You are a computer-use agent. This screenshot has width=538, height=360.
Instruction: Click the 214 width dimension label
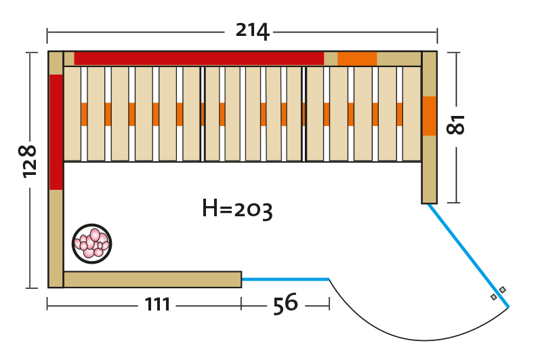tap(252, 31)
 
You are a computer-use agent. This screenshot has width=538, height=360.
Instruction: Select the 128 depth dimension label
tap(28, 161)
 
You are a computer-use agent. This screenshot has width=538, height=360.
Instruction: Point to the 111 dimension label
tap(157, 305)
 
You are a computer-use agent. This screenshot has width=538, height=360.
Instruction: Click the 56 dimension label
tap(285, 304)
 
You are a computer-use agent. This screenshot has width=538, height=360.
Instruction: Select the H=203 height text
tap(237, 209)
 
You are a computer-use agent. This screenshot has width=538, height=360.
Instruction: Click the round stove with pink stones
tap(91, 243)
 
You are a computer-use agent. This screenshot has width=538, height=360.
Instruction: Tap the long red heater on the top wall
tap(199, 58)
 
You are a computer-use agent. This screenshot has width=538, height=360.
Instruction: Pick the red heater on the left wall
tap(56, 132)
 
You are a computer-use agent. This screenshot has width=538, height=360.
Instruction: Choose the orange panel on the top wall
tap(356, 58)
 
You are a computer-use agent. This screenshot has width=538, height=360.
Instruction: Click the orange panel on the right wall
tap(430, 116)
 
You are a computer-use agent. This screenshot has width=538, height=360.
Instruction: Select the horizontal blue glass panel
tap(285, 279)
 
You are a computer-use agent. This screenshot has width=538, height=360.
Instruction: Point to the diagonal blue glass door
tap(468, 255)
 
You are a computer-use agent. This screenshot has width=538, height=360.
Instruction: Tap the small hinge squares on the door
tap(498, 294)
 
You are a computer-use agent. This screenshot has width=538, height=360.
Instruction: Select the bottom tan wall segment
tap(152, 279)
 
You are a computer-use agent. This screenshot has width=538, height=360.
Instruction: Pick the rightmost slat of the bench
tap(412, 114)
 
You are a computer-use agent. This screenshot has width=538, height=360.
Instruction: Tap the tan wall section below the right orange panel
tap(430, 169)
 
